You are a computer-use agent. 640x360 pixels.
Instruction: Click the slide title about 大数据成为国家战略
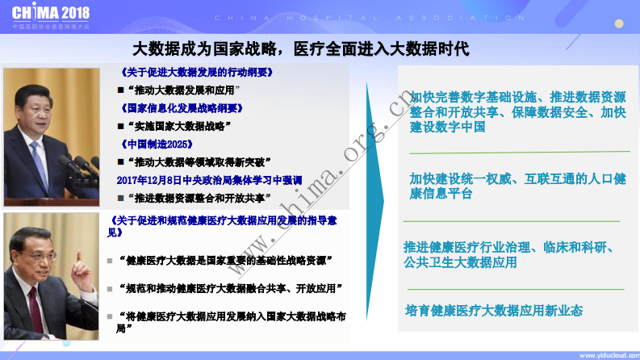(x=300, y=48)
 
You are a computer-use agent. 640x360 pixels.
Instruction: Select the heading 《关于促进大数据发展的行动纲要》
(x=195, y=72)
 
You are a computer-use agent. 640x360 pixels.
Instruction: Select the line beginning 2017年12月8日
(x=209, y=179)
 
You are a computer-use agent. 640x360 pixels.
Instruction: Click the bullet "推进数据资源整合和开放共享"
(x=200, y=197)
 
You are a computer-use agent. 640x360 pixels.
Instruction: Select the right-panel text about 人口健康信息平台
(x=517, y=186)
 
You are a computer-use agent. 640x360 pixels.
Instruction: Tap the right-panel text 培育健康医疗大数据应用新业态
(x=494, y=310)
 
